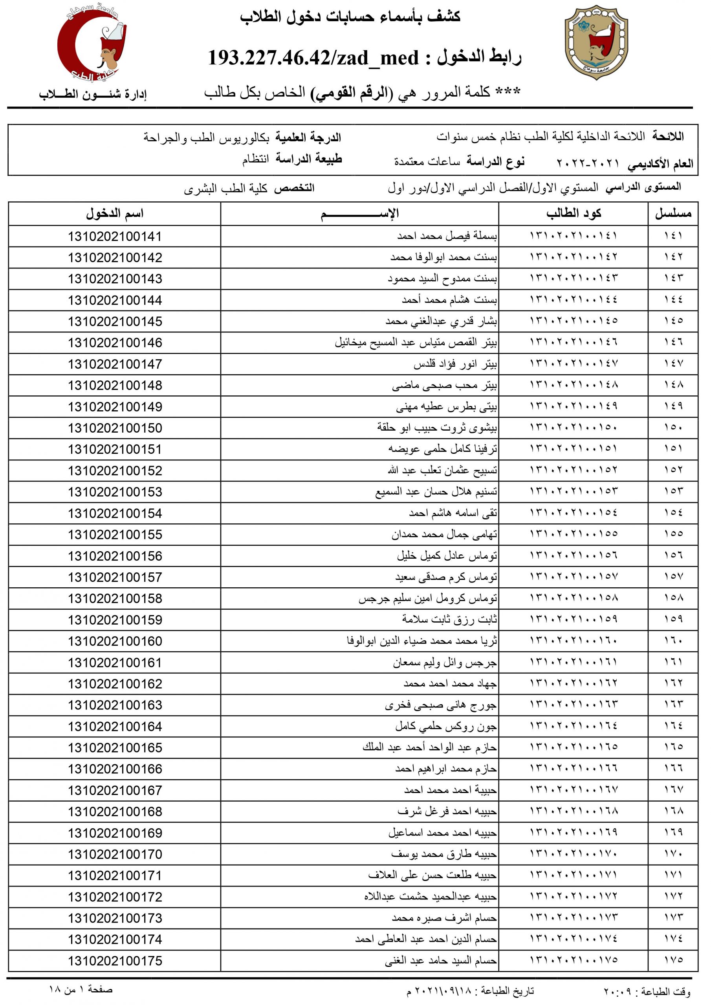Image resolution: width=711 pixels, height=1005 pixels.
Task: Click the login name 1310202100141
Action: point(115,236)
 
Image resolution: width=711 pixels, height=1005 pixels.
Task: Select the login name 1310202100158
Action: point(115,598)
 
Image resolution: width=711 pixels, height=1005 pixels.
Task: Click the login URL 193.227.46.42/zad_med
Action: point(313,58)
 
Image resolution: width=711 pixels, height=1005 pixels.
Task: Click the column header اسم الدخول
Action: point(115,214)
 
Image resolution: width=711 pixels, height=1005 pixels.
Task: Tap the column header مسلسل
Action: point(673,214)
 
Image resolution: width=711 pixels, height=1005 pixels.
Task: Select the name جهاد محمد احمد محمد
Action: point(450,684)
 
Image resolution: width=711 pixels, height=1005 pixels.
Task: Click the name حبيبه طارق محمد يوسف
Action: point(444,854)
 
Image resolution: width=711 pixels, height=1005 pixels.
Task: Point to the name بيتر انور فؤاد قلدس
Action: point(455,364)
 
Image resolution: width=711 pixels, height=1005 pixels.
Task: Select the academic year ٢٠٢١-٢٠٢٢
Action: point(588,164)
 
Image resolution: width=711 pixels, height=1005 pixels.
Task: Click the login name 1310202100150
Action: point(115,428)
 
